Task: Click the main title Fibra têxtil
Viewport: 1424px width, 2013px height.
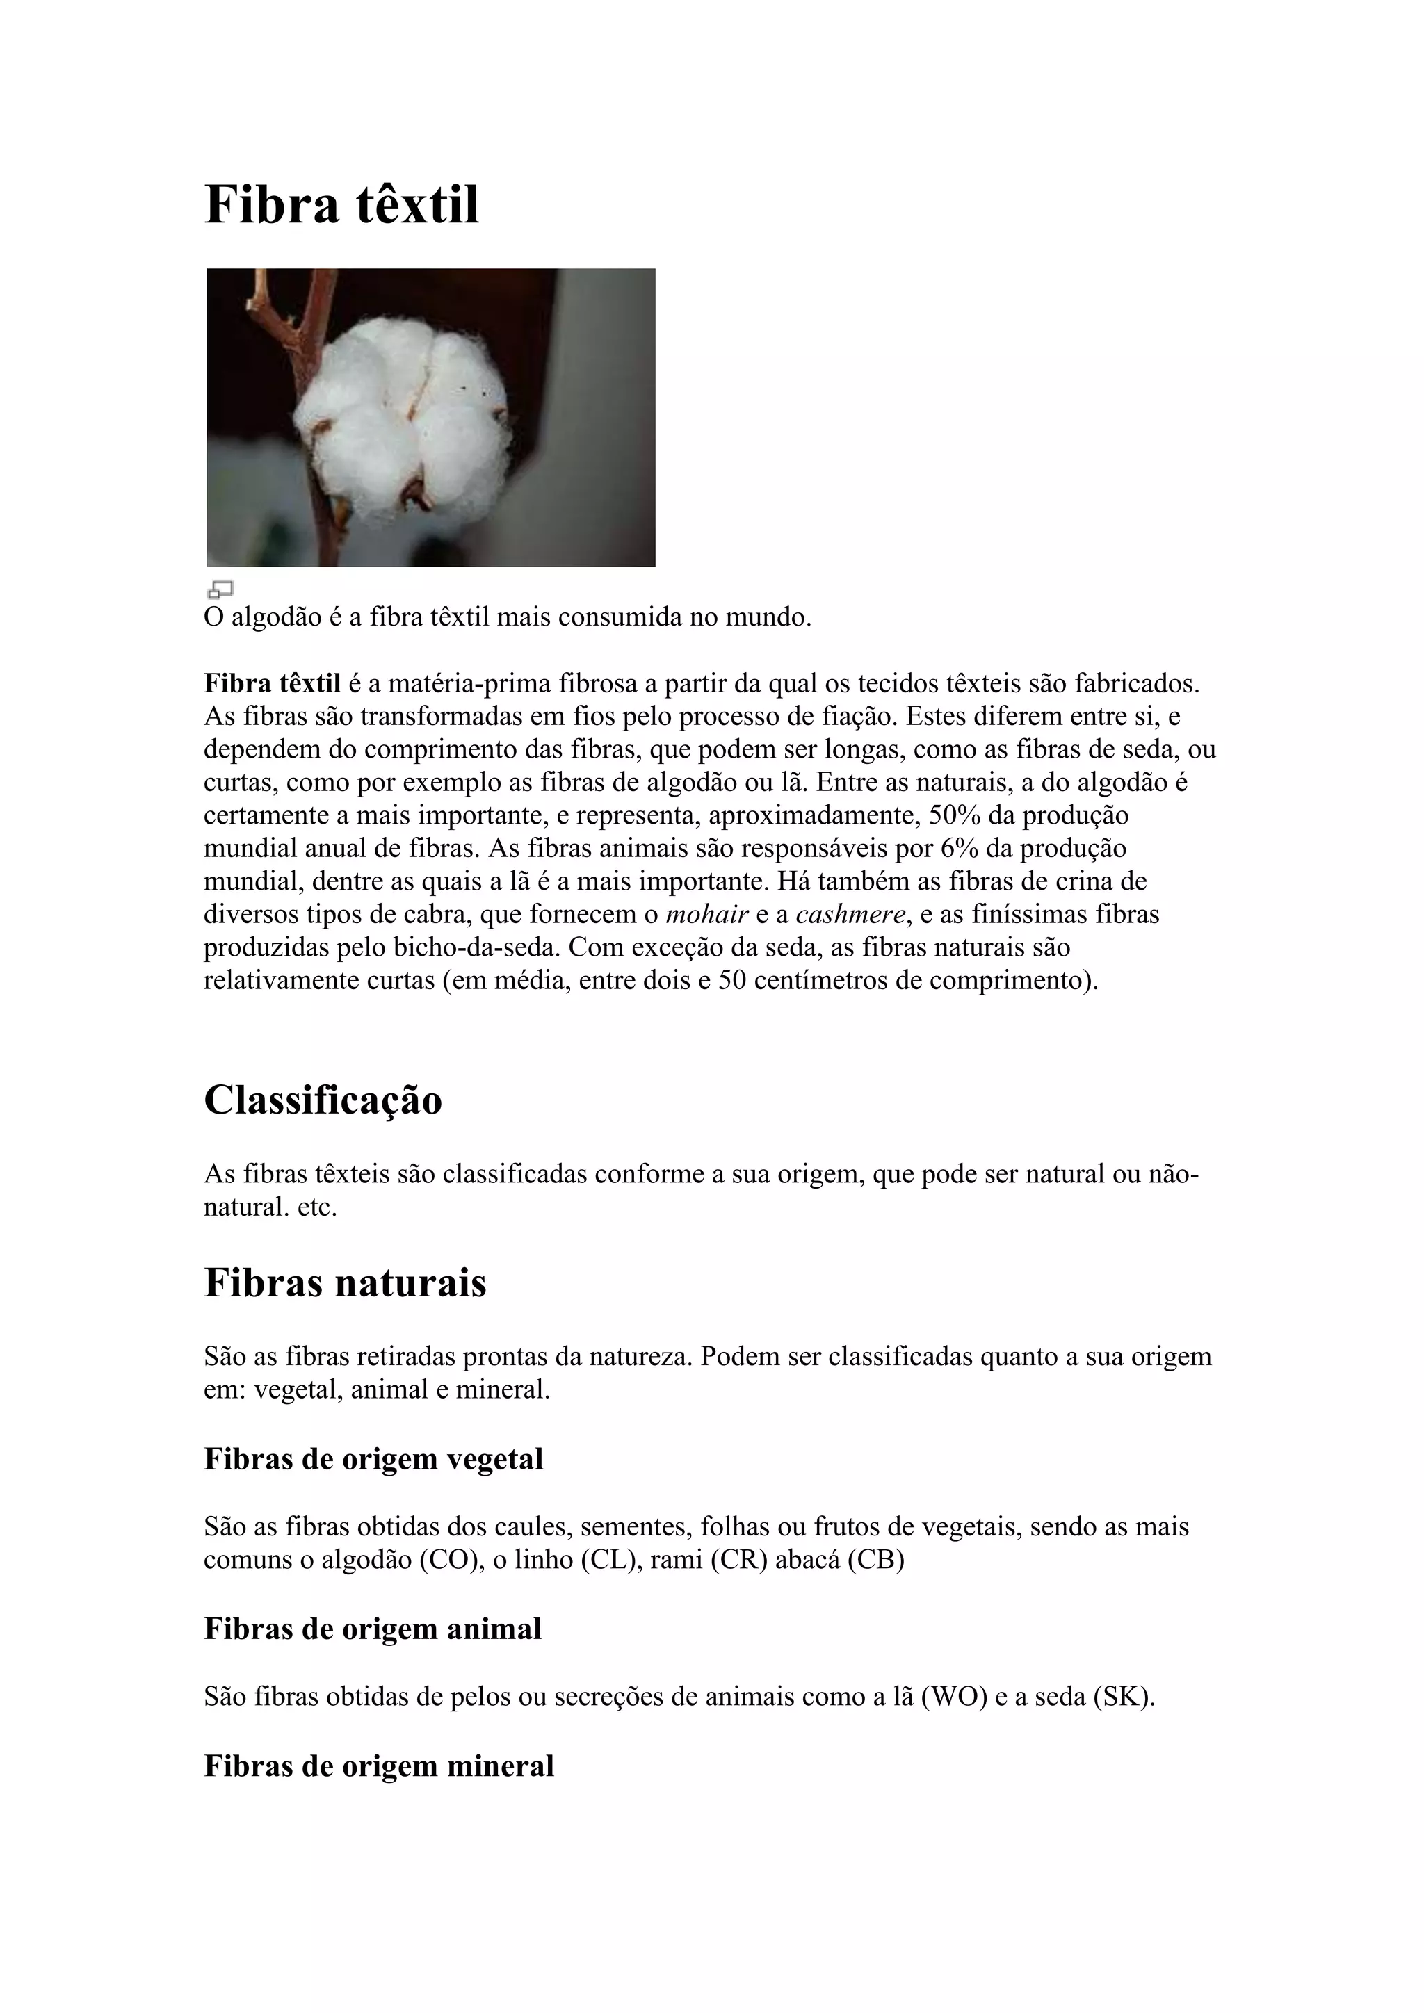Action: click(341, 205)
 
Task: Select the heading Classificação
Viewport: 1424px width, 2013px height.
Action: click(323, 1100)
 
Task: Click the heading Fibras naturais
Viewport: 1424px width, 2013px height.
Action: click(345, 1282)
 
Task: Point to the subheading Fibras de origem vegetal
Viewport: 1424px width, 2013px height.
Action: click(373, 1459)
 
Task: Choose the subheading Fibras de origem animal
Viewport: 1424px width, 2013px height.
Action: click(373, 1628)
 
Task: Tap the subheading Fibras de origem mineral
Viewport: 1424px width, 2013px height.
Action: click(379, 1765)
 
